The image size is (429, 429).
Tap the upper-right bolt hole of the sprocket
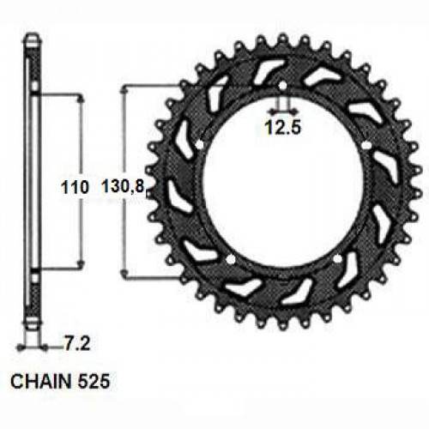[366, 146]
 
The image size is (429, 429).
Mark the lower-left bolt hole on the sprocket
[231, 257]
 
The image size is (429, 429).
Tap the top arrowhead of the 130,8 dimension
[127, 89]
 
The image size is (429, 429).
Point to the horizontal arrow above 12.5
[281, 112]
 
